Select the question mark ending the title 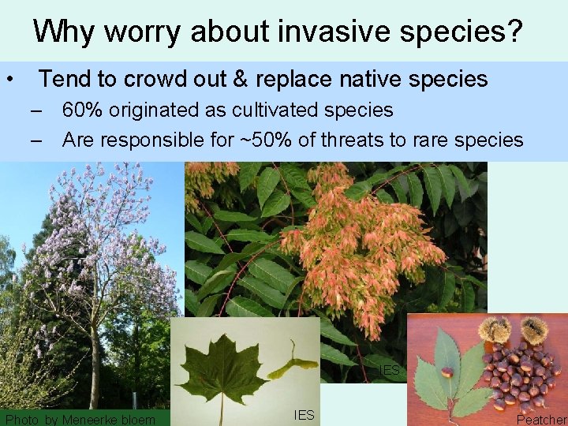[x=514, y=31]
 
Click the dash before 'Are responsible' [x=36, y=140]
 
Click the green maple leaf [x=222, y=366]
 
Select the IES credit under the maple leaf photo [x=304, y=414]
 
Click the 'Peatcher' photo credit [x=541, y=420]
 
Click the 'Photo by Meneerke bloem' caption [x=80, y=420]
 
